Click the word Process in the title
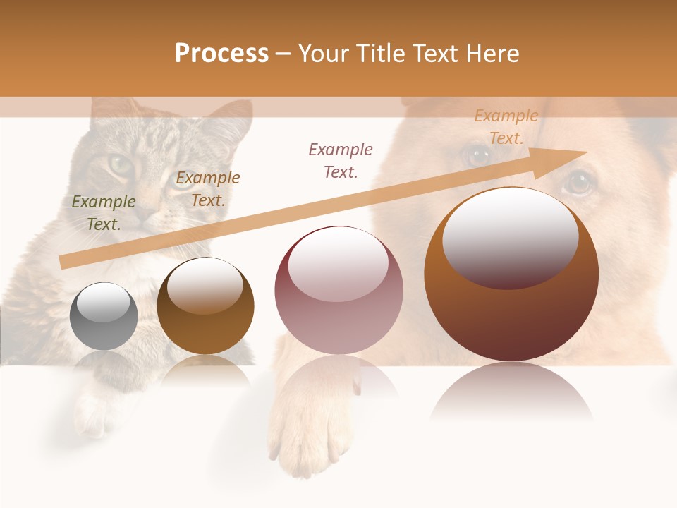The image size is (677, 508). pyautogui.click(x=221, y=54)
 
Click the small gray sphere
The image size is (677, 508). pyautogui.click(x=104, y=316)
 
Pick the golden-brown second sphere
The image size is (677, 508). pyautogui.click(x=205, y=306)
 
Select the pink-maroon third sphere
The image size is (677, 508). pyautogui.click(x=338, y=290)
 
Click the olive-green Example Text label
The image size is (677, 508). pyautogui.click(x=104, y=212)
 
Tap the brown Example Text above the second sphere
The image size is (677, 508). pyautogui.click(x=207, y=188)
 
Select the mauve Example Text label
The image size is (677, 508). pyautogui.click(x=341, y=160)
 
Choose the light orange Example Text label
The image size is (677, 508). pyautogui.click(x=506, y=127)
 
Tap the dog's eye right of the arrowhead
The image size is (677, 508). pyautogui.click(x=580, y=182)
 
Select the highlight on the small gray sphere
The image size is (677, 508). pyautogui.click(x=104, y=303)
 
